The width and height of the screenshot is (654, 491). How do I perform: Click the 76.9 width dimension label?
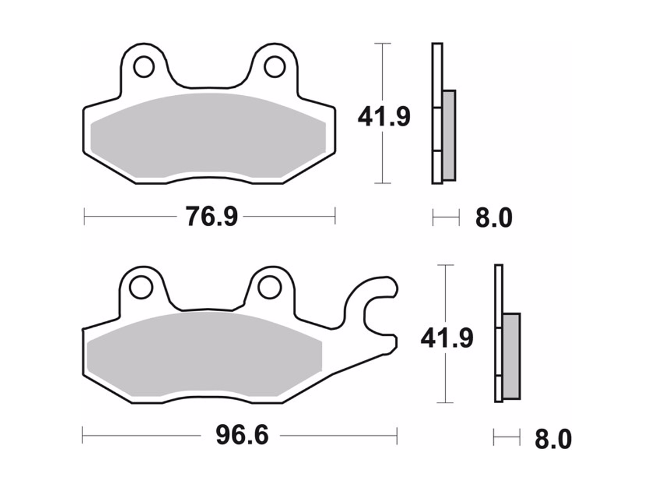(x=211, y=216)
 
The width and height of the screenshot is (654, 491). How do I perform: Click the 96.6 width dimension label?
(x=242, y=435)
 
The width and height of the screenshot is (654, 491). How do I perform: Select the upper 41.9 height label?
(x=384, y=117)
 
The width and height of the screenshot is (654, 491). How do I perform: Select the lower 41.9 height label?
(x=446, y=338)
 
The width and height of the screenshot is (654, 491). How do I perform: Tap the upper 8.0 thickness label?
(x=493, y=218)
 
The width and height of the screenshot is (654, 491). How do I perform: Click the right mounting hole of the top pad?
(x=274, y=66)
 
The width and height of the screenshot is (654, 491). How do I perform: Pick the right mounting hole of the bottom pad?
(x=267, y=287)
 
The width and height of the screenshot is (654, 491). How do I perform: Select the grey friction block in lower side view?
(x=511, y=356)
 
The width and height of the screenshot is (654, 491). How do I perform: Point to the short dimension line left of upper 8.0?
(x=446, y=218)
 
